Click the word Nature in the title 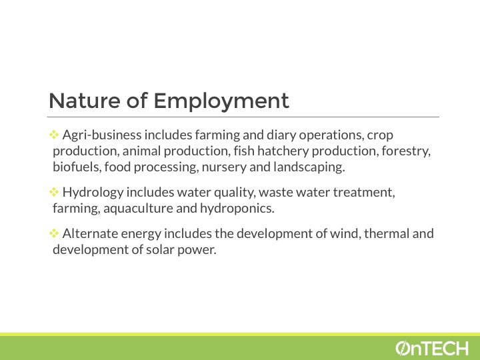(85, 101)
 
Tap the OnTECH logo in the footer (432, 349)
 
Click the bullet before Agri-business (54, 135)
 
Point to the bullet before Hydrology (54, 192)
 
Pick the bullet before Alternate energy (54, 233)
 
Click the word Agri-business (102, 135)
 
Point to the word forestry (406, 151)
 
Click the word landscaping (309, 167)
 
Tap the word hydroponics (237, 209)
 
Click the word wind (344, 233)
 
